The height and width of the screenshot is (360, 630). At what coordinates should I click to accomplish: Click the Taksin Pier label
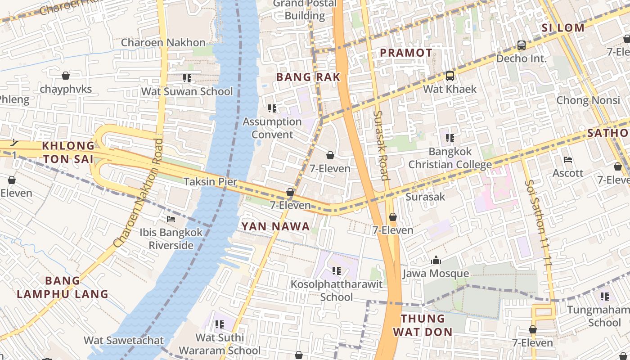coord(210,182)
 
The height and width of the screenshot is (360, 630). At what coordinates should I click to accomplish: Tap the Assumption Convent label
coord(272,128)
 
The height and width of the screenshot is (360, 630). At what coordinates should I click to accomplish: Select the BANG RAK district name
coord(308,77)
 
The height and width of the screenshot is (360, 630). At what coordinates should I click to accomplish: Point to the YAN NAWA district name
coord(276,226)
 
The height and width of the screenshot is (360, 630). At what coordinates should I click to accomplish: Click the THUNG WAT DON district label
coord(423,325)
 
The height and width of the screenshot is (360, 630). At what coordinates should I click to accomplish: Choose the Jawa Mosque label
coord(436,274)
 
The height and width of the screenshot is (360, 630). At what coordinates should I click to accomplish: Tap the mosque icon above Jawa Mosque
coord(436,260)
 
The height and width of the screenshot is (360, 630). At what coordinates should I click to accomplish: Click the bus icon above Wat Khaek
coord(450,76)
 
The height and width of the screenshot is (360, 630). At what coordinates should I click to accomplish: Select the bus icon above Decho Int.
coord(522,45)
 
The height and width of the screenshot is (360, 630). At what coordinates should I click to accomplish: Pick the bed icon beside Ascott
coord(568,160)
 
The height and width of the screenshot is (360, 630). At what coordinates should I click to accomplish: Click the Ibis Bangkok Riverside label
coord(171,239)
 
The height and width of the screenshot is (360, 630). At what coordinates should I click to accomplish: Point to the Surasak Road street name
coord(381,145)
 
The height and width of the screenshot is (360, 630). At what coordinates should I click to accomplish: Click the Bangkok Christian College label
coord(450,157)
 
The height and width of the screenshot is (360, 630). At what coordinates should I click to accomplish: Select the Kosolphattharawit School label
coord(337,291)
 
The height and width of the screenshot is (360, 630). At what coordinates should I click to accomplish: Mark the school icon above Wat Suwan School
coord(187,78)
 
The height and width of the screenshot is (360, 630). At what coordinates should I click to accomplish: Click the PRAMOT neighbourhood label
coord(406,53)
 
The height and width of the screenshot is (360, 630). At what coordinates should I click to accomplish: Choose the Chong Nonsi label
coord(588,100)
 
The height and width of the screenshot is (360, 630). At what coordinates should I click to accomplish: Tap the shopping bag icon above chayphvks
coord(66,76)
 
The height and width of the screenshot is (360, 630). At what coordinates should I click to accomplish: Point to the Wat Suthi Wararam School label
coord(220,344)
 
